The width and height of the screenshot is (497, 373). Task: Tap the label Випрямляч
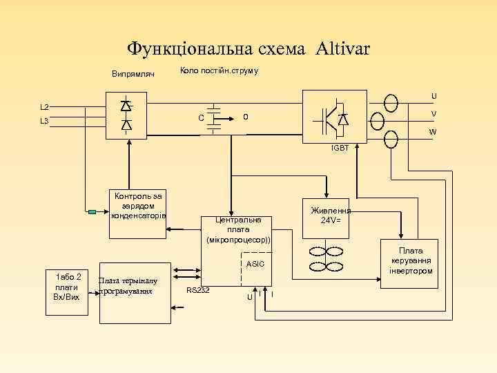(x=133, y=74)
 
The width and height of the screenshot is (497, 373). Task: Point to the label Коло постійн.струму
(x=219, y=71)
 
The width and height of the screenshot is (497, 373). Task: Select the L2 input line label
(x=44, y=107)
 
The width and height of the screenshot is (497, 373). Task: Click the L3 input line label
(x=44, y=122)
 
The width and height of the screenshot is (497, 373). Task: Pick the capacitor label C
(x=200, y=118)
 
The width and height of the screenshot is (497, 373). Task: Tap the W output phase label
(x=432, y=132)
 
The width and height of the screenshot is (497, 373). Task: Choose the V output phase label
(x=433, y=114)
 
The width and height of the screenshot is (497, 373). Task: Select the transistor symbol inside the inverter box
(x=331, y=118)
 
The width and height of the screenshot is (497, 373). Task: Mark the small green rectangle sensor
(x=92, y=212)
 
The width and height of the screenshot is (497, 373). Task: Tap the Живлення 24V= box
(x=331, y=215)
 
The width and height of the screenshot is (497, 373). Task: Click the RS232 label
(x=198, y=290)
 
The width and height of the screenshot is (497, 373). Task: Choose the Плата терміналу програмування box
(x=135, y=293)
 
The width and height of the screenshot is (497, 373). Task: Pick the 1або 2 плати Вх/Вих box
(x=66, y=291)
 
